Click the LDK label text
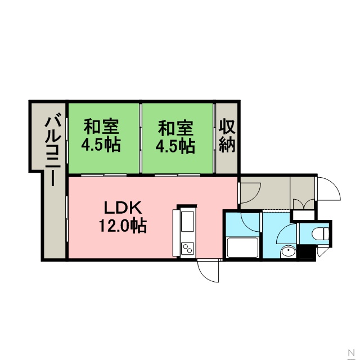click(x=123, y=208)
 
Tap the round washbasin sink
click(x=288, y=253)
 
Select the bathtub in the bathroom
click(x=242, y=248)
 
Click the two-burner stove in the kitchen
click(x=187, y=249)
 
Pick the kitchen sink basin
click(x=187, y=221)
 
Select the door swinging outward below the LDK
click(x=208, y=271)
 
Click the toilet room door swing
click(x=286, y=234)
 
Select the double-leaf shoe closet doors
click(x=304, y=204)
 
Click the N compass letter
click(x=352, y=352)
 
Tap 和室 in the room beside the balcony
click(x=101, y=127)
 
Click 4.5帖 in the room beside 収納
click(x=175, y=146)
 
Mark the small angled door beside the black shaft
click(x=322, y=252)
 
